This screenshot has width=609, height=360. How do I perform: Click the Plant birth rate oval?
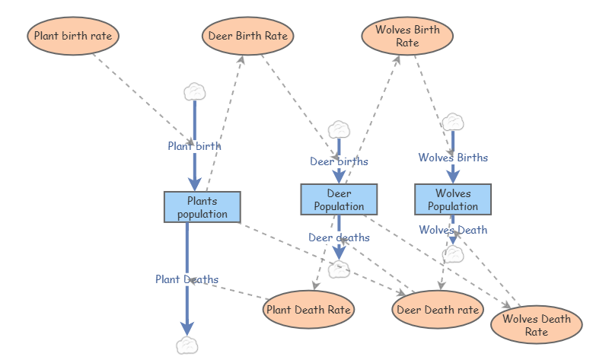pos(73,36)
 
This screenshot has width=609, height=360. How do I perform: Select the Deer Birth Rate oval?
pos(248,36)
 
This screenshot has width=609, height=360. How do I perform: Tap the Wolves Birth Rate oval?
pos(407,37)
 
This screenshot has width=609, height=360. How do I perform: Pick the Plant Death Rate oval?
pos(308,310)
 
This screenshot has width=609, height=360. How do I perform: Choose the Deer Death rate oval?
pos(438,310)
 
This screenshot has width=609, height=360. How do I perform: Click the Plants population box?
pos(202,207)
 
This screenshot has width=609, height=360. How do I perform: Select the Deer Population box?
pos(339,199)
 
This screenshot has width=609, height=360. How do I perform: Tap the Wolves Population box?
pos(453,199)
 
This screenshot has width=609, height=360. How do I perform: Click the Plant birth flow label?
pos(195,145)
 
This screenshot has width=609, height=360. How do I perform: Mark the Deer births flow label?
pos(339,161)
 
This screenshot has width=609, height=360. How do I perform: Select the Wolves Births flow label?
pos(453,158)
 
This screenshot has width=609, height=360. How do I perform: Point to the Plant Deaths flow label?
pos(187,279)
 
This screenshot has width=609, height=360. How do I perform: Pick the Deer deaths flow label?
pos(339,237)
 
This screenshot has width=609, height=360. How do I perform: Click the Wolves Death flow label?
pos(453,230)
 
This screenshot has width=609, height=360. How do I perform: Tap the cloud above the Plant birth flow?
pos(195,91)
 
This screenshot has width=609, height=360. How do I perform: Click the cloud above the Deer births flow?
pos(338,129)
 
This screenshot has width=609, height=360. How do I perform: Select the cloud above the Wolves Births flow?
pos(453,122)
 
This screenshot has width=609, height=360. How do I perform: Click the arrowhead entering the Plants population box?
pos(195,183)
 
